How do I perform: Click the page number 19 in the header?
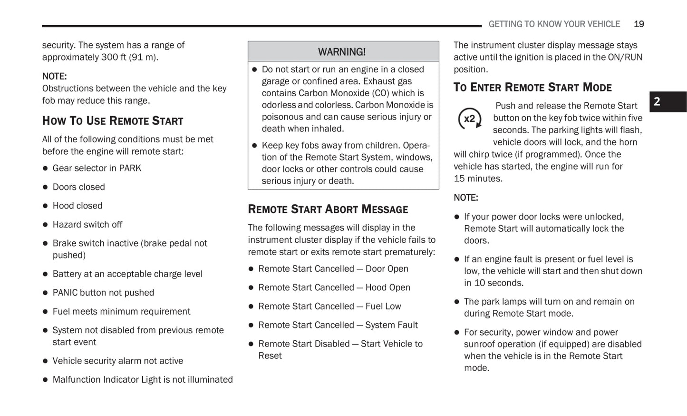[639, 24]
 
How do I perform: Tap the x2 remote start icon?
[470, 119]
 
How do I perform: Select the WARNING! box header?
[342, 51]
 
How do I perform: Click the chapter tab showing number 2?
[667, 101]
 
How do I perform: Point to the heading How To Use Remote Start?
[113, 121]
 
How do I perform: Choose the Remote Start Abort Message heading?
[328, 209]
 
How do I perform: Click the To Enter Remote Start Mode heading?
[532, 88]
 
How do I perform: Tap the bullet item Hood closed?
[77, 206]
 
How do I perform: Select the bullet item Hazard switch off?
[87, 224]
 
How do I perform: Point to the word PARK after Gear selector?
[130, 168]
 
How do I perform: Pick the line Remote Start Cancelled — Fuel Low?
[329, 306]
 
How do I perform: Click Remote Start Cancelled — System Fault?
[338, 325]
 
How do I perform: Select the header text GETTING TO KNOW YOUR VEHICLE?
[554, 24]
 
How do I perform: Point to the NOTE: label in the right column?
[466, 198]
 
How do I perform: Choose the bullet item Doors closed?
[78, 187]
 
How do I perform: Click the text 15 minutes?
[478, 178]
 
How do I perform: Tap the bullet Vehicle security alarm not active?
[117, 361]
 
